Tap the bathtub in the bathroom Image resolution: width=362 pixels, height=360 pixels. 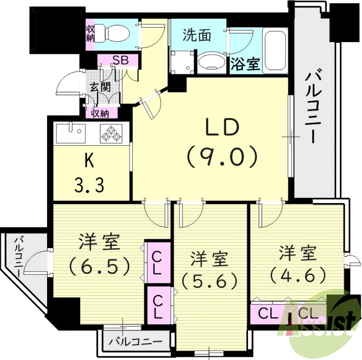(x=275, y=50)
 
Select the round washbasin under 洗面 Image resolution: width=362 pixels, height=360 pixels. (x=211, y=62)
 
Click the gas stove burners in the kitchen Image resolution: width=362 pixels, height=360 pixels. (x=111, y=133)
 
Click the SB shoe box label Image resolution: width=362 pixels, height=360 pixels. (x=120, y=60)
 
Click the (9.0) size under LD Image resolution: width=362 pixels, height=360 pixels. (x=222, y=157)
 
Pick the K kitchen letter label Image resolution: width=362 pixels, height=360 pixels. (x=90, y=161)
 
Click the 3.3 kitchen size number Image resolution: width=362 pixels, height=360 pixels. (x=90, y=185)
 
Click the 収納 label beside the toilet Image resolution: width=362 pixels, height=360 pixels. (x=90, y=32)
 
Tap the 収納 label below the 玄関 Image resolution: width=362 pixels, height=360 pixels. (x=100, y=113)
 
